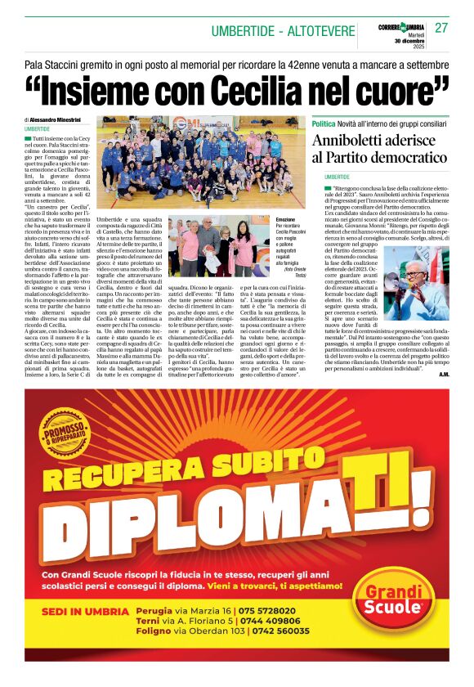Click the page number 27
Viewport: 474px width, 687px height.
coord(441,28)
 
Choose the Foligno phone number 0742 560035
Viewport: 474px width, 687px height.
coord(277,631)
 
